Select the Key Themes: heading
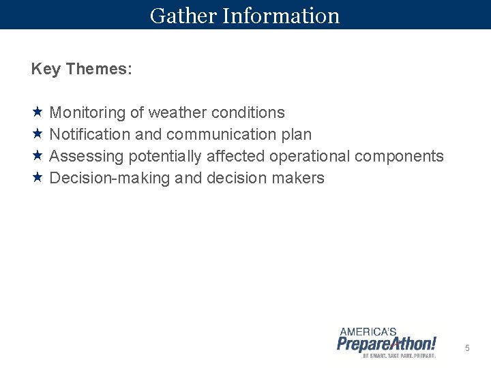[x=82, y=70]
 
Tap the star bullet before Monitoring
[x=38, y=112]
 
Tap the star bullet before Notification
[x=38, y=134]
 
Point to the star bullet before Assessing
[x=38, y=156]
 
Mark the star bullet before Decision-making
[x=38, y=178]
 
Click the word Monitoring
[x=88, y=112]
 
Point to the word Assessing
[x=87, y=157]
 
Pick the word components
[x=399, y=157]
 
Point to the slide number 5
[x=467, y=348]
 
